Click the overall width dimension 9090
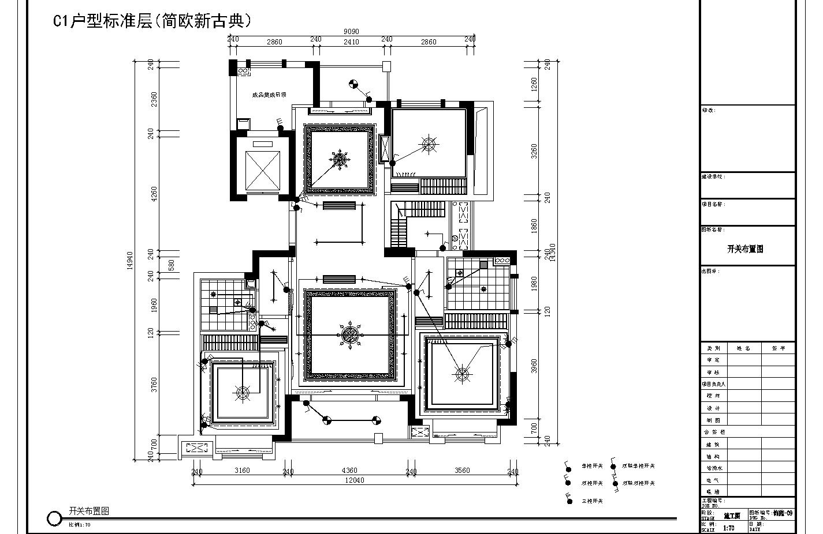coord(351,32)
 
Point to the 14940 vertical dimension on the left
coord(130,260)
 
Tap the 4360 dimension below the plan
coord(349,471)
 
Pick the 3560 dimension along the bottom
coord(462,471)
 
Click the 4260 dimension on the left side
coord(154,193)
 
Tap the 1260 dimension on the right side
coord(534,85)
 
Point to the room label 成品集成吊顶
coord(269,95)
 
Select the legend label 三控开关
coord(592,501)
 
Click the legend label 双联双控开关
coord(638,483)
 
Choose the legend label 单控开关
coord(592,466)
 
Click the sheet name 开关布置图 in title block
coord(745,249)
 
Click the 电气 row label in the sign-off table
coord(714,480)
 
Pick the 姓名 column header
coord(743,348)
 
